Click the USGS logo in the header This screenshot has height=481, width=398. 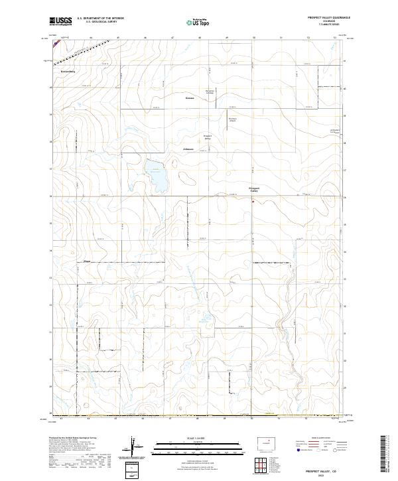(60, 22)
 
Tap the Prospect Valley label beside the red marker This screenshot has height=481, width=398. (254, 189)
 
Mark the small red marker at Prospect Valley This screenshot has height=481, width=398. (252, 201)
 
